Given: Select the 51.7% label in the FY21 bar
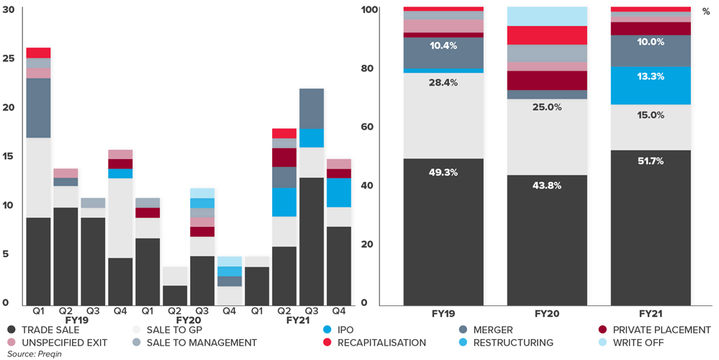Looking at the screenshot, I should [649, 167].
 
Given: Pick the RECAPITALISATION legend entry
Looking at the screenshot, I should [381, 342].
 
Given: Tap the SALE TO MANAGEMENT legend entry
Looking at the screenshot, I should [199, 342].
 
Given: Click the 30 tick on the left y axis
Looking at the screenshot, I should [9, 9].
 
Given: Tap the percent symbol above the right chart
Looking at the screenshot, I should [706, 11].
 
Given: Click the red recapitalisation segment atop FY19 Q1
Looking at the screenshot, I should [38, 53].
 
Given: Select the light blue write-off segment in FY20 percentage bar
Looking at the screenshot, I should [546, 16].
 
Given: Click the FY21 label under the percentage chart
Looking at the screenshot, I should [649, 315].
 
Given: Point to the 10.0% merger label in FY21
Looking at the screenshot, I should [649, 42].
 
